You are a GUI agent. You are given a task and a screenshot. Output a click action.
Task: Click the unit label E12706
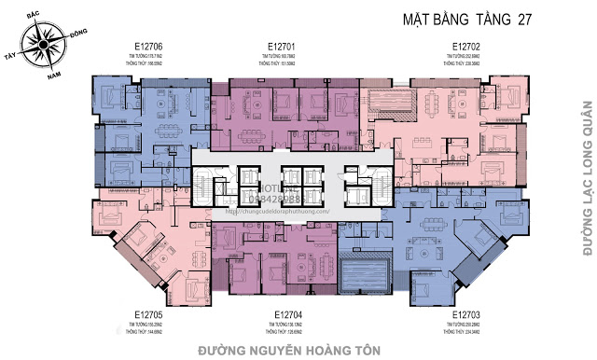point(148,45)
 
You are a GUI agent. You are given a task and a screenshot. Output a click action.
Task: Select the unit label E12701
point(281,45)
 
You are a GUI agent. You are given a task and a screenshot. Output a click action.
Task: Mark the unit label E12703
point(465,314)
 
